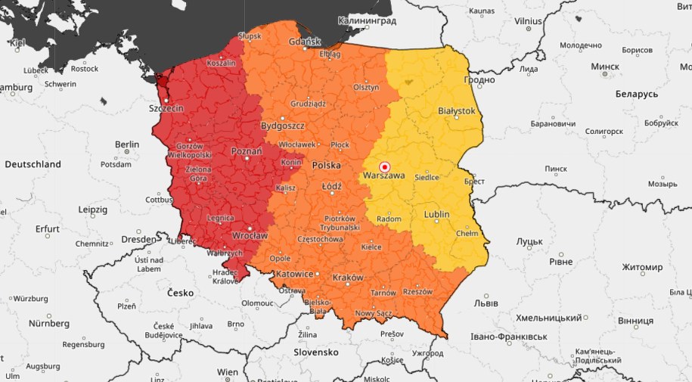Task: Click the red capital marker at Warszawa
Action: [x=383, y=166]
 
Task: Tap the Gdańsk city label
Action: [x=305, y=41]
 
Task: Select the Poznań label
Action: [x=247, y=151]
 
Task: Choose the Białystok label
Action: [x=457, y=110]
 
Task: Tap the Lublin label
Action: [x=436, y=214]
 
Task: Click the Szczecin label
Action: [x=166, y=108]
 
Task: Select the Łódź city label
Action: [x=331, y=185]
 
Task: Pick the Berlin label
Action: [x=127, y=144]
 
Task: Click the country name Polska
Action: [x=327, y=164]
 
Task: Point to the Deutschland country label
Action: [x=33, y=164]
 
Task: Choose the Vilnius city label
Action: [x=528, y=21]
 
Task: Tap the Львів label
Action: [x=485, y=303]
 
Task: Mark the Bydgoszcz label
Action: [x=282, y=125]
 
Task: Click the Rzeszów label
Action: [x=417, y=291]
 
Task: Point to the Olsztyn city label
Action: [x=366, y=87]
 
